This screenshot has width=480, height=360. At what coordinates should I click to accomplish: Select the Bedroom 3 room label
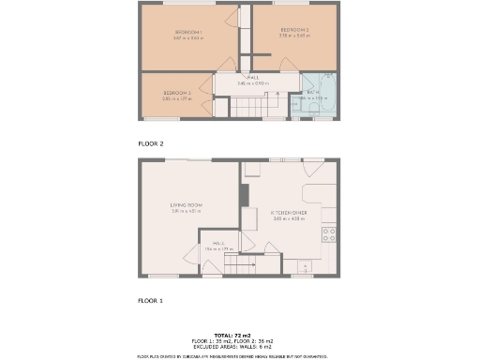click(x=176, y=92)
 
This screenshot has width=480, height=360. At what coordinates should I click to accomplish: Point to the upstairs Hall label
click(x=253, y=78)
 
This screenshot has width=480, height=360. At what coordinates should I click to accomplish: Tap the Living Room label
click(x=186, y=205)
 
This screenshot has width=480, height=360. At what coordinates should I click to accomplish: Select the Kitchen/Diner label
click(x=289, y=213)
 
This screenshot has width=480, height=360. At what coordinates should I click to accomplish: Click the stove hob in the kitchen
click(x=329, y=233)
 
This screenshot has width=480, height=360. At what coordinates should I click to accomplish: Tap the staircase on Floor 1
click(x=242, y=266)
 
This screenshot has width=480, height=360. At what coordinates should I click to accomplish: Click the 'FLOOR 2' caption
click(x=151, y=144)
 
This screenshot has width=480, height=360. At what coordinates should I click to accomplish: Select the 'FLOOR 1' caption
click(x=151, y=301)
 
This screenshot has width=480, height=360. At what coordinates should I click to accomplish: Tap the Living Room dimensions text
click(x=186, y=211)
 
